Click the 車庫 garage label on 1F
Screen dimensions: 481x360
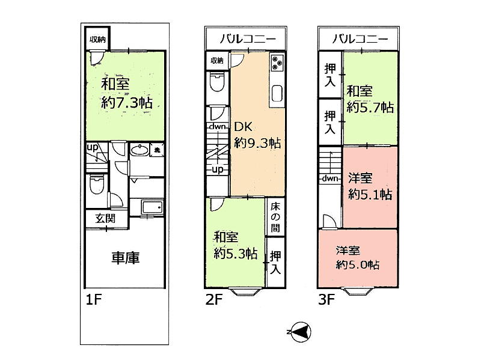(125, 258)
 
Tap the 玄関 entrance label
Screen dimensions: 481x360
(105, 219)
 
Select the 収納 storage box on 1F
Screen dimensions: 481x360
(97, 39)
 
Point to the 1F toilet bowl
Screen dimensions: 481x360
(97, 185)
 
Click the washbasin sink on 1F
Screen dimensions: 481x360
(139, 150)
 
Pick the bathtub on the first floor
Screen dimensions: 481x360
(152, 207)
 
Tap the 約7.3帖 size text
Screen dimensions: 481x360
(127, 103)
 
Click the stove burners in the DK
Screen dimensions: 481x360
(277, 63)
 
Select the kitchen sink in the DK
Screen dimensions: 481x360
(277, 93)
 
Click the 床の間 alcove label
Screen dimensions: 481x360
(275, 217)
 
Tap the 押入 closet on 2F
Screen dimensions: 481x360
(275, 262)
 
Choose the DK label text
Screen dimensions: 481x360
(244, 127)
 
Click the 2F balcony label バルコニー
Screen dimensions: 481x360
(248, 39)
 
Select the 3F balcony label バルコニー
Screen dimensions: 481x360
(360, 39)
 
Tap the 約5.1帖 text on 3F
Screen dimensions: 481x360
(370, 194)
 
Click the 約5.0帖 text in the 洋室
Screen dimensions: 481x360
(357, 264)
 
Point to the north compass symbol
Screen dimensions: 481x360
(300, 332)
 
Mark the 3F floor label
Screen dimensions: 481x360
(326, 299)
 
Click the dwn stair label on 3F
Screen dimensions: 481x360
(330, 178)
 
